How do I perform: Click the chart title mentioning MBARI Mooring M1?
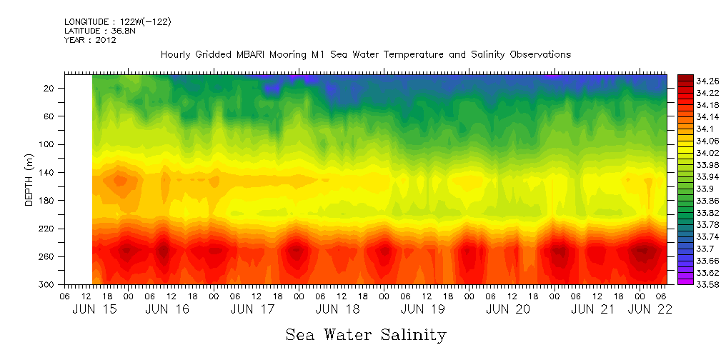[x=366, y=55]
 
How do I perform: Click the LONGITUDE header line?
[x=118, y=22]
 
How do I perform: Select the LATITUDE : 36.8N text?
[x=99, y=31]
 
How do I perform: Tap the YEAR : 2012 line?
[x=90, y=40]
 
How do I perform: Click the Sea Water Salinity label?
[x=366, y=335]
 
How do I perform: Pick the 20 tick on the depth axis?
[x=50, y=88]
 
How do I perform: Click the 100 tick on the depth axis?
[x=48, y=144]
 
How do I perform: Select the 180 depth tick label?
[x=48, y=201]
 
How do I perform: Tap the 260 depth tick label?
[x=48, y=256]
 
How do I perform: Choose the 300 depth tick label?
[x=48, y=284]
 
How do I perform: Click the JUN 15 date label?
[x=94, y=309]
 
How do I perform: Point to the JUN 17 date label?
[x=252, y=309]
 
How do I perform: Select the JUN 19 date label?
[x=422, y=309]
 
